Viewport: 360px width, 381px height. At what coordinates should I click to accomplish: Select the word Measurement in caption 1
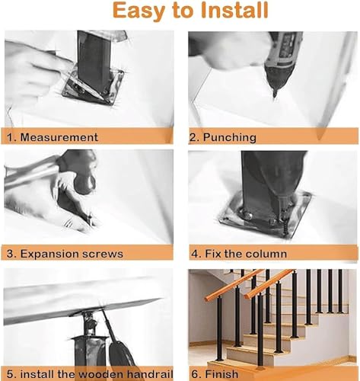pos(59,137)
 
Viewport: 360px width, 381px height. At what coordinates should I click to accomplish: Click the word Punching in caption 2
pos(229,138)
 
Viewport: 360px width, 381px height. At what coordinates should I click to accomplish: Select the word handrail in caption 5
pos(150,374)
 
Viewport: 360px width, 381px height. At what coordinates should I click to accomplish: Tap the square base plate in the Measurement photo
pos(94,87)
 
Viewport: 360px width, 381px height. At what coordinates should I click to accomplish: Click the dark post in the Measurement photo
pos(93,61)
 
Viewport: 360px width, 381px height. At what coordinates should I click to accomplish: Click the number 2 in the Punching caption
pos(193,138)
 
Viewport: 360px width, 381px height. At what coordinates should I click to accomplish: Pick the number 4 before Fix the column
pos(196,254)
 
